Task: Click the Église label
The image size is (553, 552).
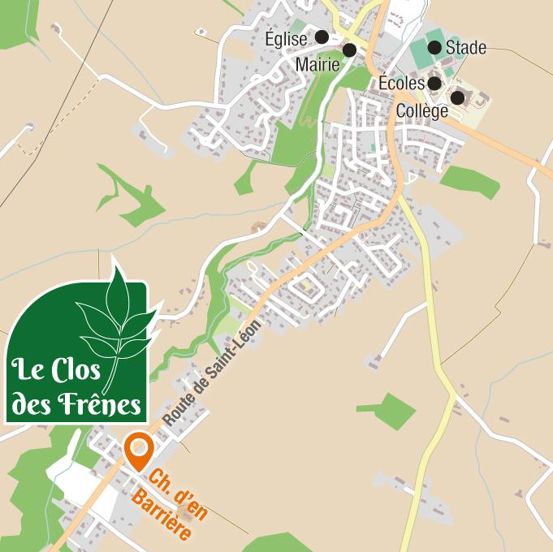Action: tap(286, 38)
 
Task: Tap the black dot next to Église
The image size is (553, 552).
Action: tap(322, 37)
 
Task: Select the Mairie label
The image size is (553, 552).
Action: tap(318, 64)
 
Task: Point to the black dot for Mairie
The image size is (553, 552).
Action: tap(350, 50)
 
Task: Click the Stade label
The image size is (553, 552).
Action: tap(466, 48)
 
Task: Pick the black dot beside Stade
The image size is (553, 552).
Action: tap(434, 47)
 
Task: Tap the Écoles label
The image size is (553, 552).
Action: tap(401, 83)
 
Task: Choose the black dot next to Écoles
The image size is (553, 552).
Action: tap(434, 83)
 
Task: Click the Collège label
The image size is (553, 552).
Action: tap(422, 110)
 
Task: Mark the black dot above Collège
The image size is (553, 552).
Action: tap(457, 97)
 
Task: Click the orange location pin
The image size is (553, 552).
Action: tap(140, 451)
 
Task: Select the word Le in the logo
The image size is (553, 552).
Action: tap(27, 373)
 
